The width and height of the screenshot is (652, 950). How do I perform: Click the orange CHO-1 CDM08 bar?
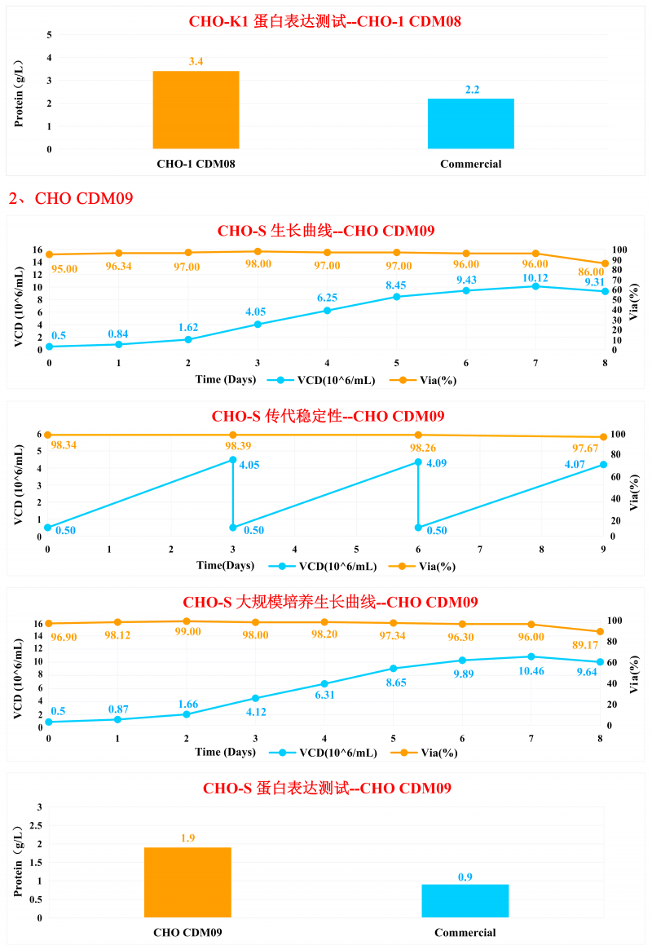196,110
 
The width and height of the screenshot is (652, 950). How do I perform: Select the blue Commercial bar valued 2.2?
470,124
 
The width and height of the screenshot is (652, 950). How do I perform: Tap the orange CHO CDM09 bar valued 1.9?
187,882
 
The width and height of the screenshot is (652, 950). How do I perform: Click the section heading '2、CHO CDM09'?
71,198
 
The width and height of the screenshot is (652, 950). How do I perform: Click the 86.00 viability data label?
597,272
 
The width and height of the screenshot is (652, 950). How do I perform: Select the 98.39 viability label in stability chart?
233,445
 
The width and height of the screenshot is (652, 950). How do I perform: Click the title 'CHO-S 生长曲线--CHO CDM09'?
326,231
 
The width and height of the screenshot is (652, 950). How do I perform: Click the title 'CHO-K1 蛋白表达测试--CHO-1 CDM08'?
325,22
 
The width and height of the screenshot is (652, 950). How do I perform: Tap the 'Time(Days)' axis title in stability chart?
225,566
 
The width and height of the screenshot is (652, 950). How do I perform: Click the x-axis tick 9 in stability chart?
603,550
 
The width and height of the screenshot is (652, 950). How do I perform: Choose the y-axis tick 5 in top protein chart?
49,35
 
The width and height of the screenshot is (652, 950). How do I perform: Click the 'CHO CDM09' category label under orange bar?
187,932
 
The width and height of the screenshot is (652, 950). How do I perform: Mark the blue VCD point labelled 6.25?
327,311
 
